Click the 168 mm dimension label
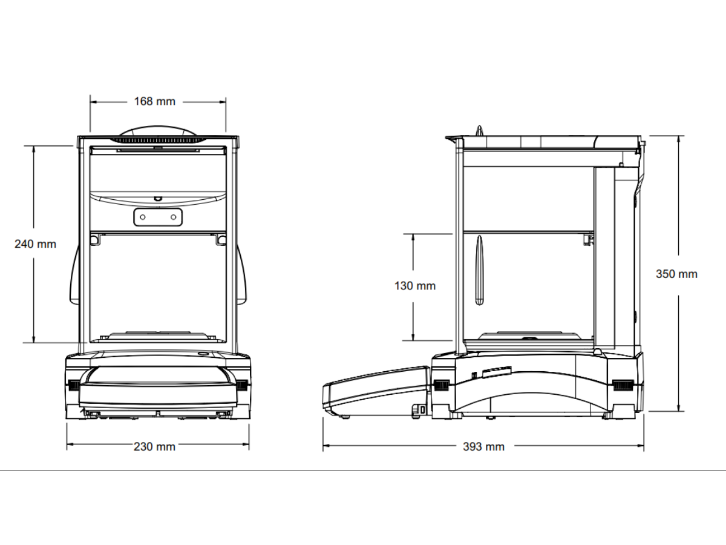click(154, 101)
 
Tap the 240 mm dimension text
click(35, 244)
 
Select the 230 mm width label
click(154, 447)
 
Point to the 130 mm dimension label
click(415, 286)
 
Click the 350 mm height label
click(677, 274)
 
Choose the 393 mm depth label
click(483, 447)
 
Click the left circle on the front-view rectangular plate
click(143, 217)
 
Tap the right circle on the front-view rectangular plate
click(173, 217)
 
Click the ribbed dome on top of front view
click(158, 134)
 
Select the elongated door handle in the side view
click(479, 270)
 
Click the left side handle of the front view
click(74, 276)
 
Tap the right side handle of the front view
click(242, 276)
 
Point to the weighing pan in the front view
click(158, 336)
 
